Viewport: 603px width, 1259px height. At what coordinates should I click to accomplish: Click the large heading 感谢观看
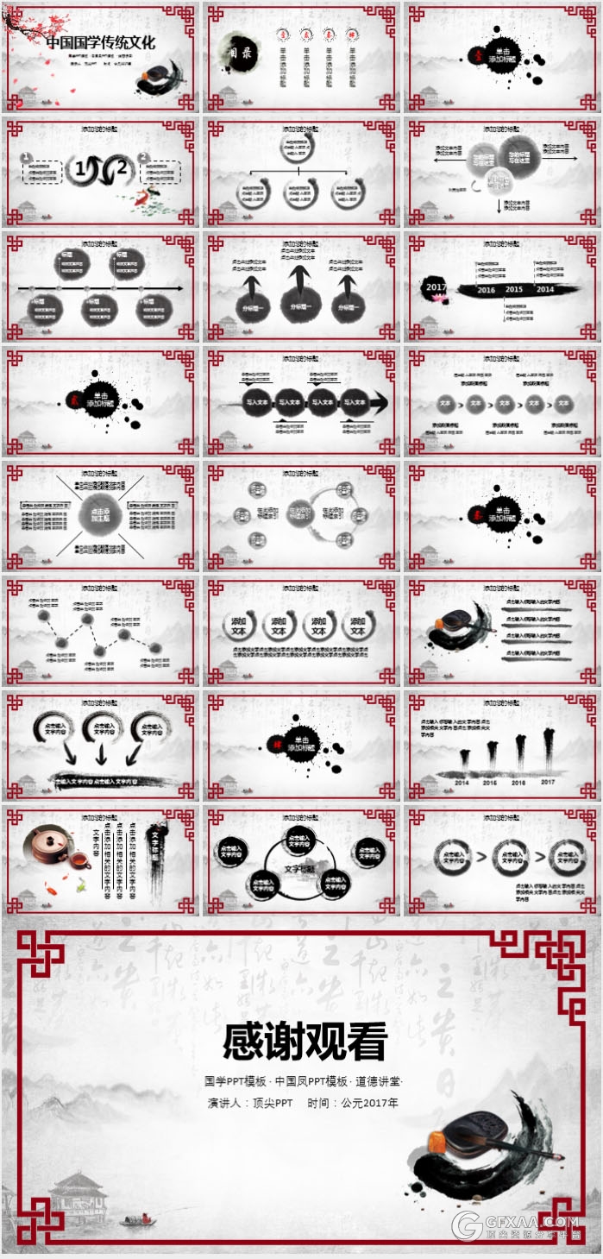tap(305, 1041)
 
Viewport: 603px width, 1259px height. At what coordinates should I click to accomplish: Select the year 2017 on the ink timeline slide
tap(436, 286)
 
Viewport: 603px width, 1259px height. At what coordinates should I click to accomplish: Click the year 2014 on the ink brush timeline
tap(544, 289)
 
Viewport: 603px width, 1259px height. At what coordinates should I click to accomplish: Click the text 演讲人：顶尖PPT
tap(250, 1103)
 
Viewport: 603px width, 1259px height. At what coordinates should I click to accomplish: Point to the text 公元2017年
tap(369, 1103)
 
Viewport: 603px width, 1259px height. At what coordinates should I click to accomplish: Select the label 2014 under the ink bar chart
tap(462, 783)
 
